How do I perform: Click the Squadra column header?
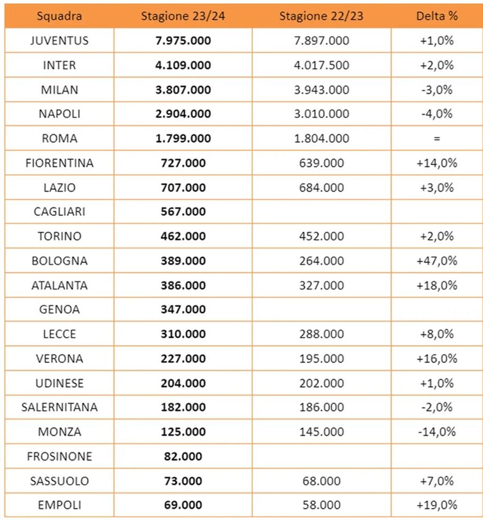(x=59, y=15)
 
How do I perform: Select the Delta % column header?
(x=437, y=15)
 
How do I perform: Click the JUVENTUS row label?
(x=59, y=41)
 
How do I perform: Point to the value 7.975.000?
(x=183, y=41)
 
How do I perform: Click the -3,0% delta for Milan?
(x=437, y=90)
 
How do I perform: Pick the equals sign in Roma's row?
(x=437, y=138)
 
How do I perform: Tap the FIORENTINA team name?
(x=59, y=163)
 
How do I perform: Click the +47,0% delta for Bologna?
(x=437, y=261)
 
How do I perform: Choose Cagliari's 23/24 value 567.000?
(x=183, y=212)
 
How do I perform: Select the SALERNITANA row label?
(x=59, y=407)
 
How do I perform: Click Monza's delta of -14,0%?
(x=437, y=432)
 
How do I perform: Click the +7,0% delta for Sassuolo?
(x=437, y=481)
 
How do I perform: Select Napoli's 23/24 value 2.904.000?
(x=183, y=114)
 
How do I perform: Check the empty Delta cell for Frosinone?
(x=437, y=456)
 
